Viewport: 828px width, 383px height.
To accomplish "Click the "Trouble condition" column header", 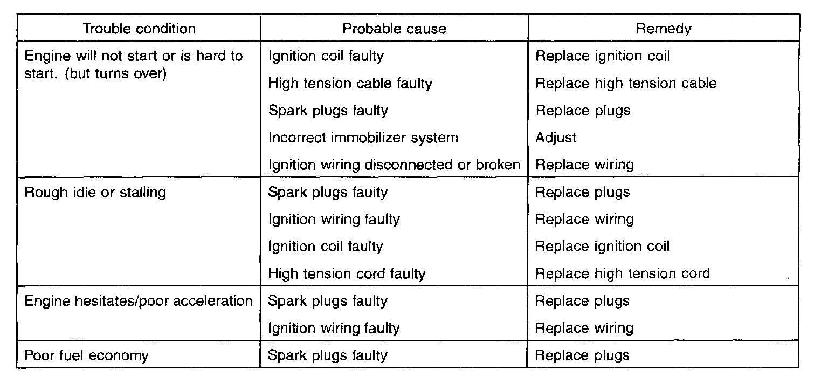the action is pyautogui.click(x=139, y=29).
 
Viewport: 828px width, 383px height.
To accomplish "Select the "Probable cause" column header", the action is pyautogui.click(x=394, y=29).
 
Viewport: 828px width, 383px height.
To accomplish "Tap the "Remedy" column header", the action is pyautogui.click(x=663, y=29).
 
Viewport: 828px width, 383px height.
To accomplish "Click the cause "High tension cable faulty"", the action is pyautogui.click(x=350, y=84).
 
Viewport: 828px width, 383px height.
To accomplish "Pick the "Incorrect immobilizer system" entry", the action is pyautogui.click(x=363, y=138).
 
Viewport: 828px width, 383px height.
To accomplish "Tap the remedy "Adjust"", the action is pyautogui.click(x=556, y=138).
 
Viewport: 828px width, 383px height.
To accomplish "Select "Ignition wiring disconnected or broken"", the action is pyautogui.click(x=394, y=165).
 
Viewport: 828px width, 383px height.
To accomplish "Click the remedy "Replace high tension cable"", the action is pyautogui.click(x=626, y=84).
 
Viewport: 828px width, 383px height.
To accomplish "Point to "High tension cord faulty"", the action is pyautogui.click(x=347, y=273).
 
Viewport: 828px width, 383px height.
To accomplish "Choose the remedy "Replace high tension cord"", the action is pyautogui.click(x=622, y=273).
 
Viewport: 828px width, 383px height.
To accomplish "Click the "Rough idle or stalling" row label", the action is pyautogui.click(x=95, y=192).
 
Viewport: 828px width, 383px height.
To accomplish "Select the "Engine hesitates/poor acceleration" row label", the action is pyautogui.click(x=139, y=300).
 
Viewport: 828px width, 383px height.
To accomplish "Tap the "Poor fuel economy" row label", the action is pyautogui.click(x=87, y=355).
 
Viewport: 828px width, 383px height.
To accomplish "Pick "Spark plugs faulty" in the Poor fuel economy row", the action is pyautogui.click(x=328, y=355).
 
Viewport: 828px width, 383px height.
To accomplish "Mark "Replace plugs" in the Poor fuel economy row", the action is pyautogui.click(x=582, y=355).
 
